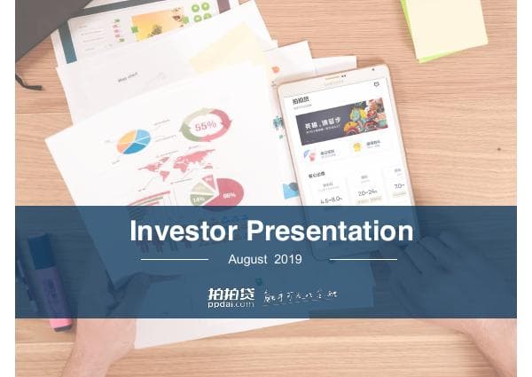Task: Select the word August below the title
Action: pyautogui.click(x=246, y=260)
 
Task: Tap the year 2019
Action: pyautogui.click(x=288, y=260)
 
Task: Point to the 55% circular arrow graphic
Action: pyautogui.click(x=205, y=125)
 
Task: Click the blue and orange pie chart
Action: pyautogui.click(x=133, y=141)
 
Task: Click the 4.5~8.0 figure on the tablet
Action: pyautogui.click(x=332, y=200)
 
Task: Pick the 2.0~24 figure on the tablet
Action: pyautogui.click(x=367, y=192)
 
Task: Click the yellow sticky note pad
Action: pyautogui.click(x=444, y=27)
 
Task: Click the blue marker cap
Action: pyautogui.click(x=40, y=257)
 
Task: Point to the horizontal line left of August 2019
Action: pyautogui.click(x=175, y=260)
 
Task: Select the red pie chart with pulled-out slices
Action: pyautogui.click(x=218, y=189)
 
